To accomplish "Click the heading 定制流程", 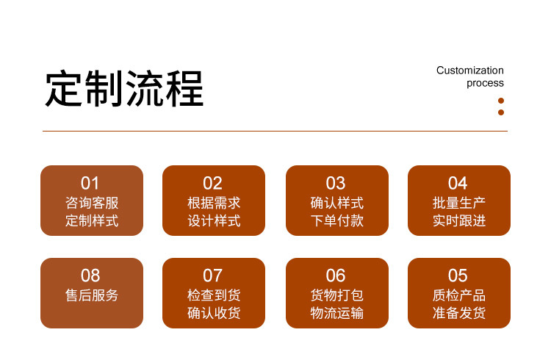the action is click(124, 88).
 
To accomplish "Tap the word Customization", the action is click(470, 71).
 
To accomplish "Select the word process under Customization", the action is click(485, 83).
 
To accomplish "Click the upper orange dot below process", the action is click(501, 101).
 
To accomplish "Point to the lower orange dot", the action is click(501, 112).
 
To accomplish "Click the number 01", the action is click(90, 183).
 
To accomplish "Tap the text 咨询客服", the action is click(92, 204).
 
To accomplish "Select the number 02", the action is click(212, 183).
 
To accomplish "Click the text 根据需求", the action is click(214, 204).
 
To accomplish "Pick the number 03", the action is click(336, 183).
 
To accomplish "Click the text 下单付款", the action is click(337, 221).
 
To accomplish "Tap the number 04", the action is click(458, 183).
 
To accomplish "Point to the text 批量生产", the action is click(459, 204).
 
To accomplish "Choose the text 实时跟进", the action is click(459, 221).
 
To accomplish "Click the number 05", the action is click(458, 276).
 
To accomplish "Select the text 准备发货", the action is click(459, 313).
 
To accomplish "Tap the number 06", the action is click(336, 276).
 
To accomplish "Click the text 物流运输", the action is click(337, 313).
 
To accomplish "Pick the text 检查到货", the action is click(214, 295).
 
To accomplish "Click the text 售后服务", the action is click(92, 295).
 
